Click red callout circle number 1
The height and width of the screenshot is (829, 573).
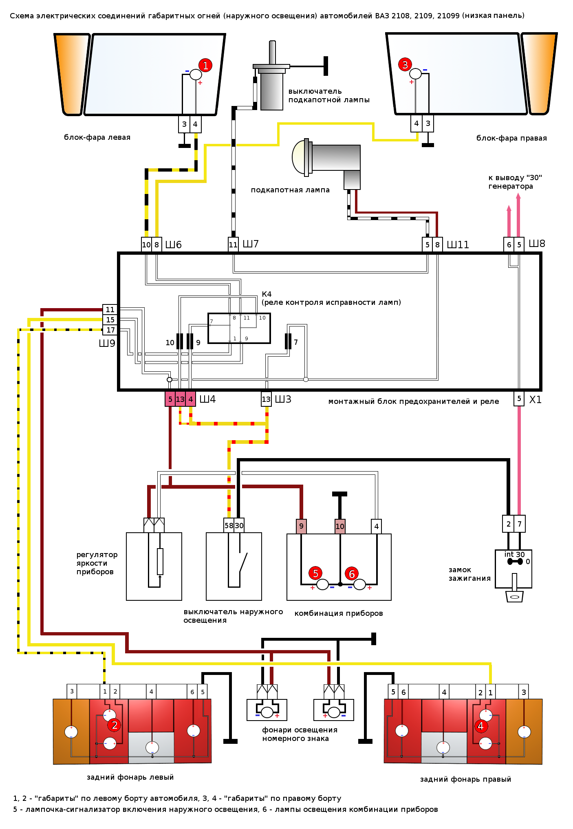(x=205, y=65)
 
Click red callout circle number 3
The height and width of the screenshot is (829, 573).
(x=405, y=64)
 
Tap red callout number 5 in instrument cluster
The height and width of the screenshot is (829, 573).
(x=315, y=573)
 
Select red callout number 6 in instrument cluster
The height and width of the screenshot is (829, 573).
(x=352, y=573)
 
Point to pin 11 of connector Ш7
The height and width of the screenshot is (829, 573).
(x=233, y=245)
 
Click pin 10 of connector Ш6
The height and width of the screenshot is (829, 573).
(x=146, y=245)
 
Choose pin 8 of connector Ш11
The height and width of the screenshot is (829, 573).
(x=437, y=245)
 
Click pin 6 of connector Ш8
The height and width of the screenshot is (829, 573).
(x=509, y=245)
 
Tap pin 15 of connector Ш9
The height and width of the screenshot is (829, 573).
(x=110, y=320)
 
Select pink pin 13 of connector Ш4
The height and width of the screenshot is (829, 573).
(x=180, y=399)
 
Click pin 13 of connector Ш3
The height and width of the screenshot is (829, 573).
(x=266, y=399)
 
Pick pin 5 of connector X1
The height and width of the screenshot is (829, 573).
(x=519, y=398)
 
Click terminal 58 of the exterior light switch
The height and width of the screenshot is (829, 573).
(x=229, y=526)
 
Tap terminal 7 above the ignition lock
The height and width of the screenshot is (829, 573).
(x=520, y=524)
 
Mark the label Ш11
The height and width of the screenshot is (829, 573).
(x=458, y=245)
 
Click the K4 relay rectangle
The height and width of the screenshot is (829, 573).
(x=239, y=329)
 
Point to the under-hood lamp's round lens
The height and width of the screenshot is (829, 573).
(x=299, y=157)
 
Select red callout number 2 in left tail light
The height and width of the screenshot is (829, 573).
(x=115, y=725)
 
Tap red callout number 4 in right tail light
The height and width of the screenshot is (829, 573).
(x=480, y=726)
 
